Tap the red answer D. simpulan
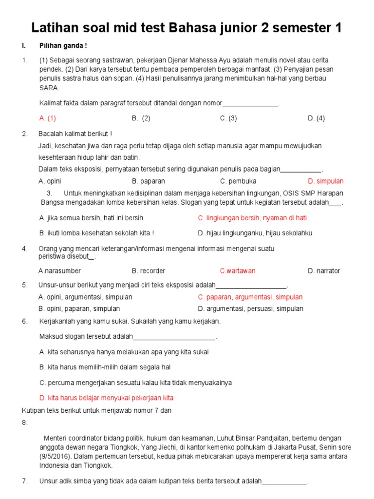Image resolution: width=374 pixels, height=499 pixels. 325,181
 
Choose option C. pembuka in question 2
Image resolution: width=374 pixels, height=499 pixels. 238,181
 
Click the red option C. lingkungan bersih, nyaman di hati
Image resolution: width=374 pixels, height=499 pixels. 252,218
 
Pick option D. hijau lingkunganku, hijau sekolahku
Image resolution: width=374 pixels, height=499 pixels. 255,233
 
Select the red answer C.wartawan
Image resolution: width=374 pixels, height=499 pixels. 237,270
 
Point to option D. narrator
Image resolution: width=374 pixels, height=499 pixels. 324,270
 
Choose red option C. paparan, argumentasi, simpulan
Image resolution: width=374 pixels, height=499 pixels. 250,297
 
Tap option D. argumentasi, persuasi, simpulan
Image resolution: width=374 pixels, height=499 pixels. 250,308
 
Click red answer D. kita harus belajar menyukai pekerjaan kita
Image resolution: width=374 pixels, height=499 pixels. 106,398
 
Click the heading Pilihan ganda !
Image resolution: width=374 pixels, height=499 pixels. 63,46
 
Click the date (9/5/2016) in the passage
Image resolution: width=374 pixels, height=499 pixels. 56,456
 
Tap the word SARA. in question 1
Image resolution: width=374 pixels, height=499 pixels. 49,88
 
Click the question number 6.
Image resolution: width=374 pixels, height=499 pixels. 25,321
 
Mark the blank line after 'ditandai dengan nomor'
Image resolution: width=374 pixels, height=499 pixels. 250,103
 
